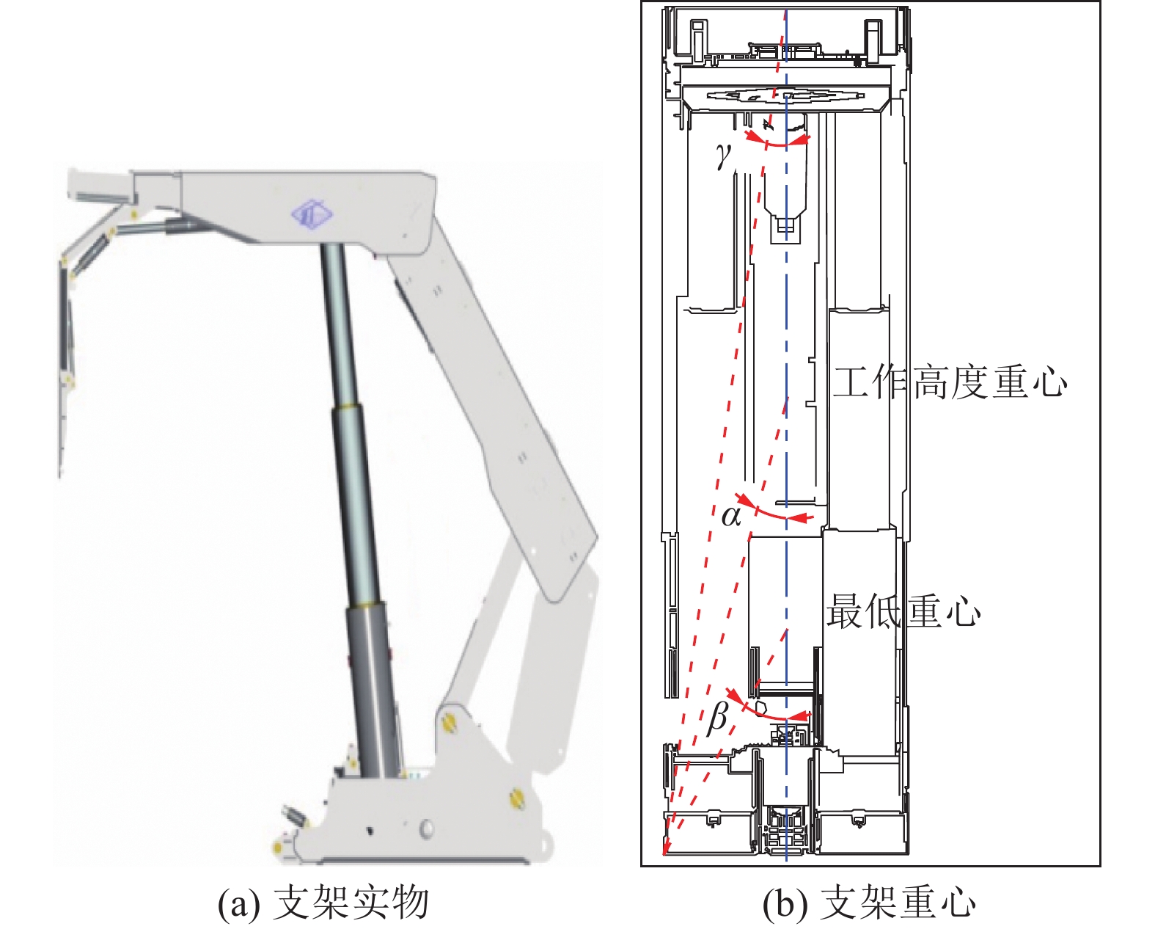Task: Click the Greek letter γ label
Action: coord(724,156)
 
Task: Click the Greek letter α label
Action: coord(731,516)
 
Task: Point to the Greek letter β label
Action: coord(718,717)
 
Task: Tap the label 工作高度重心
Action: coord(949,382)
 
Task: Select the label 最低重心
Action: coord(903,611)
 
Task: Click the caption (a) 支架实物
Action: coord(323,903)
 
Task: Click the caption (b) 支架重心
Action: coord(869,903)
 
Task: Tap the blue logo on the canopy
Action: coord(312,214)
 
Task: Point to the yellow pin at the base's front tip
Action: coord(278,848)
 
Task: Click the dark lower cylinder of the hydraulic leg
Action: coord(373,682)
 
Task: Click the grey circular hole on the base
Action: coord(425,829)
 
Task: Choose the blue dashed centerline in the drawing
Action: coord(786,440)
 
